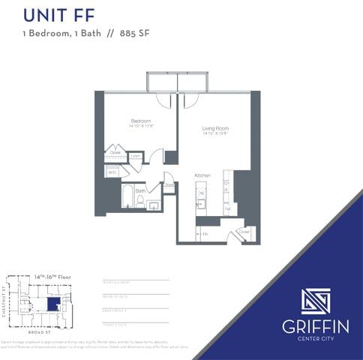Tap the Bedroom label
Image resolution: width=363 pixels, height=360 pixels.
coord(141,121)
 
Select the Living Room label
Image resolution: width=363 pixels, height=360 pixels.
coord(215,128)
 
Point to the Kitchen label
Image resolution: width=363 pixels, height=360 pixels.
coord(202,175)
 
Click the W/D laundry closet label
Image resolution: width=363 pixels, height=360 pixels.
coord(112,172)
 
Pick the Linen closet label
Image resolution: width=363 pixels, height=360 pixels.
coord(136,156)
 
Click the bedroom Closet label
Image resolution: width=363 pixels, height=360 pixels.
coord(115,152)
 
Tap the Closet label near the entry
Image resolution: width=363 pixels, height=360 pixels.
coord(244,232)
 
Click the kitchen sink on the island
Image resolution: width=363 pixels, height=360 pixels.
coord(201,203)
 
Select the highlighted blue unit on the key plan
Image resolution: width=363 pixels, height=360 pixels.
coord(52,304)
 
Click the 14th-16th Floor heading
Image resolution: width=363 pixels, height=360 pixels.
coord(52,277)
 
